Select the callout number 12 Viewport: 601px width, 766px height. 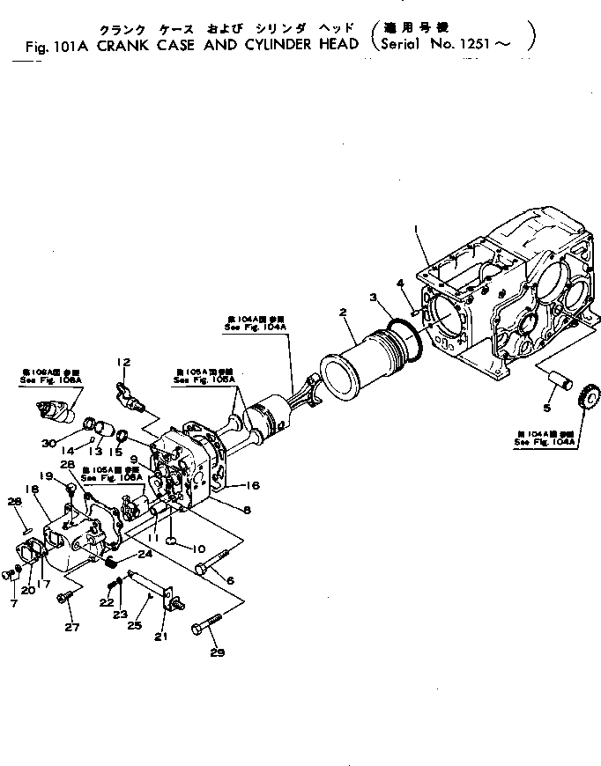pyautogui.click(x=123, y=361)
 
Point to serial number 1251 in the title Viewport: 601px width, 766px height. pyautogui.click(x=491, y=41)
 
